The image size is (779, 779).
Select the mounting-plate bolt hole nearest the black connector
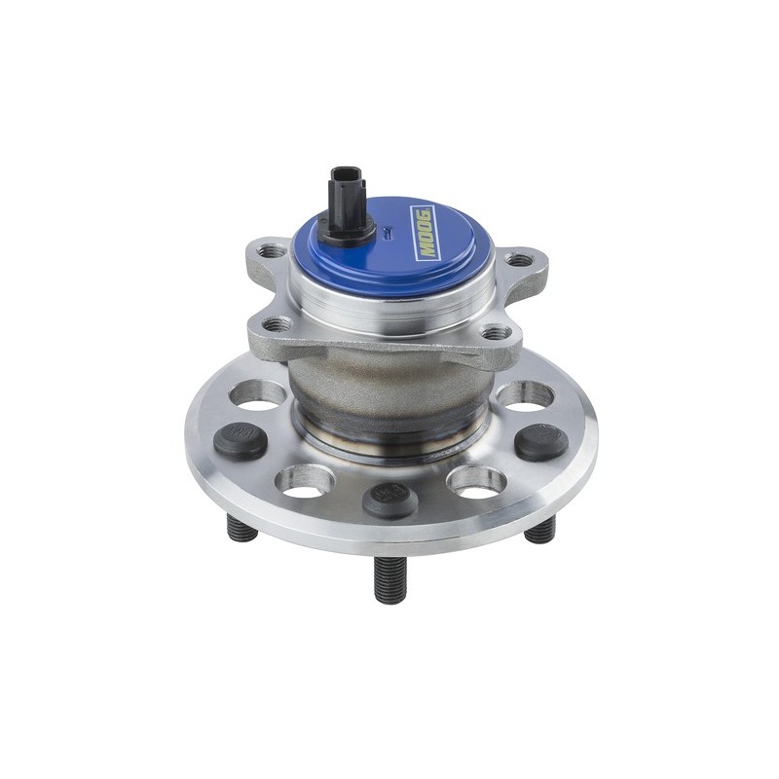(276, 251)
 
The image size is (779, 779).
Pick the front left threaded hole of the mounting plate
(277, 322)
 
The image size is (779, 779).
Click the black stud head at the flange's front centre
(389, 499)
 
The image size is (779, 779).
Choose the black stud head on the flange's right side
(541, 443)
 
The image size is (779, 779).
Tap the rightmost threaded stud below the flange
(540, 530)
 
